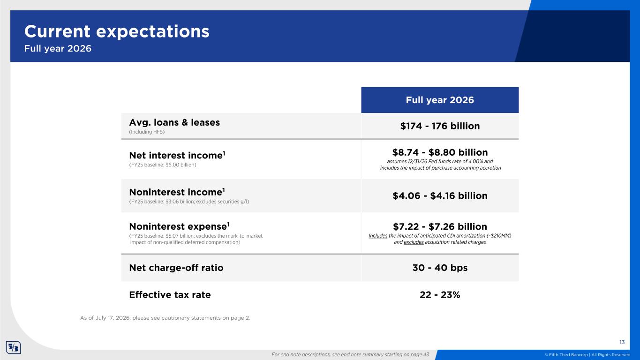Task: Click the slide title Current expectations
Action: (x=117, y=31)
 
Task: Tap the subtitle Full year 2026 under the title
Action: (x=58, y=49)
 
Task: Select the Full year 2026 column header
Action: (x=440, y=100)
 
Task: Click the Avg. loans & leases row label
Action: (x=174, y=122)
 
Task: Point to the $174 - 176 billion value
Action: (x=440, y=126)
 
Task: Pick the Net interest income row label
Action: (x=177, y=155)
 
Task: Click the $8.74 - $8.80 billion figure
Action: (x=440, y=152)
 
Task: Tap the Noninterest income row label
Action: (x=177, y=192)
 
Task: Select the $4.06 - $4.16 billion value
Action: (x=440, y=196)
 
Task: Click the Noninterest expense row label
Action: (x=179, y=226)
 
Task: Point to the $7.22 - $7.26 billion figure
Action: (x=440, y=226)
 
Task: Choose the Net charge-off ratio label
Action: (x=176, y=268)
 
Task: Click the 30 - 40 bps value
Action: (x=440, y=268)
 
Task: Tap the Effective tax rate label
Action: (x=170, y=294)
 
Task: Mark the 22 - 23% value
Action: (x=440, y=294)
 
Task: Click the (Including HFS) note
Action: (x=147, y=132)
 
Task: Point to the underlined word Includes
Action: (x=378, y=236)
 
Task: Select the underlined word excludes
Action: (x=414, y=242)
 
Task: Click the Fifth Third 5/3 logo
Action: (x=14, y=347)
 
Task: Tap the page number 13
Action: (x=622, y=342)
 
